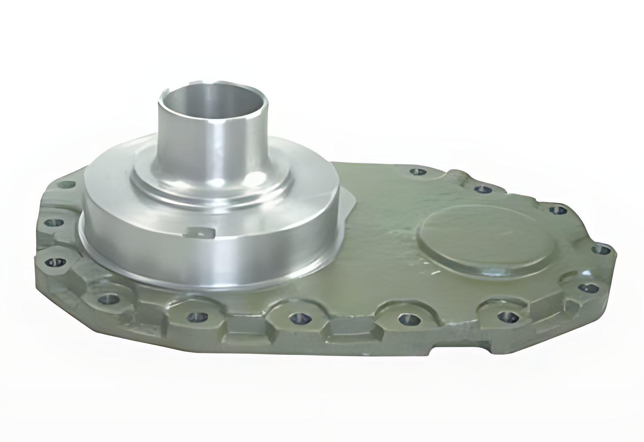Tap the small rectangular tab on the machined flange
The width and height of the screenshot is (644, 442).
pos(199,233)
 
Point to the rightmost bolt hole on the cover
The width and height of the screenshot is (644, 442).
pos(603,249)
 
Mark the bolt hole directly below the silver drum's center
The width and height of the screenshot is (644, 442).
pos(193,316)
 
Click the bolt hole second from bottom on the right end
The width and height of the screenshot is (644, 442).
pos(587,288)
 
